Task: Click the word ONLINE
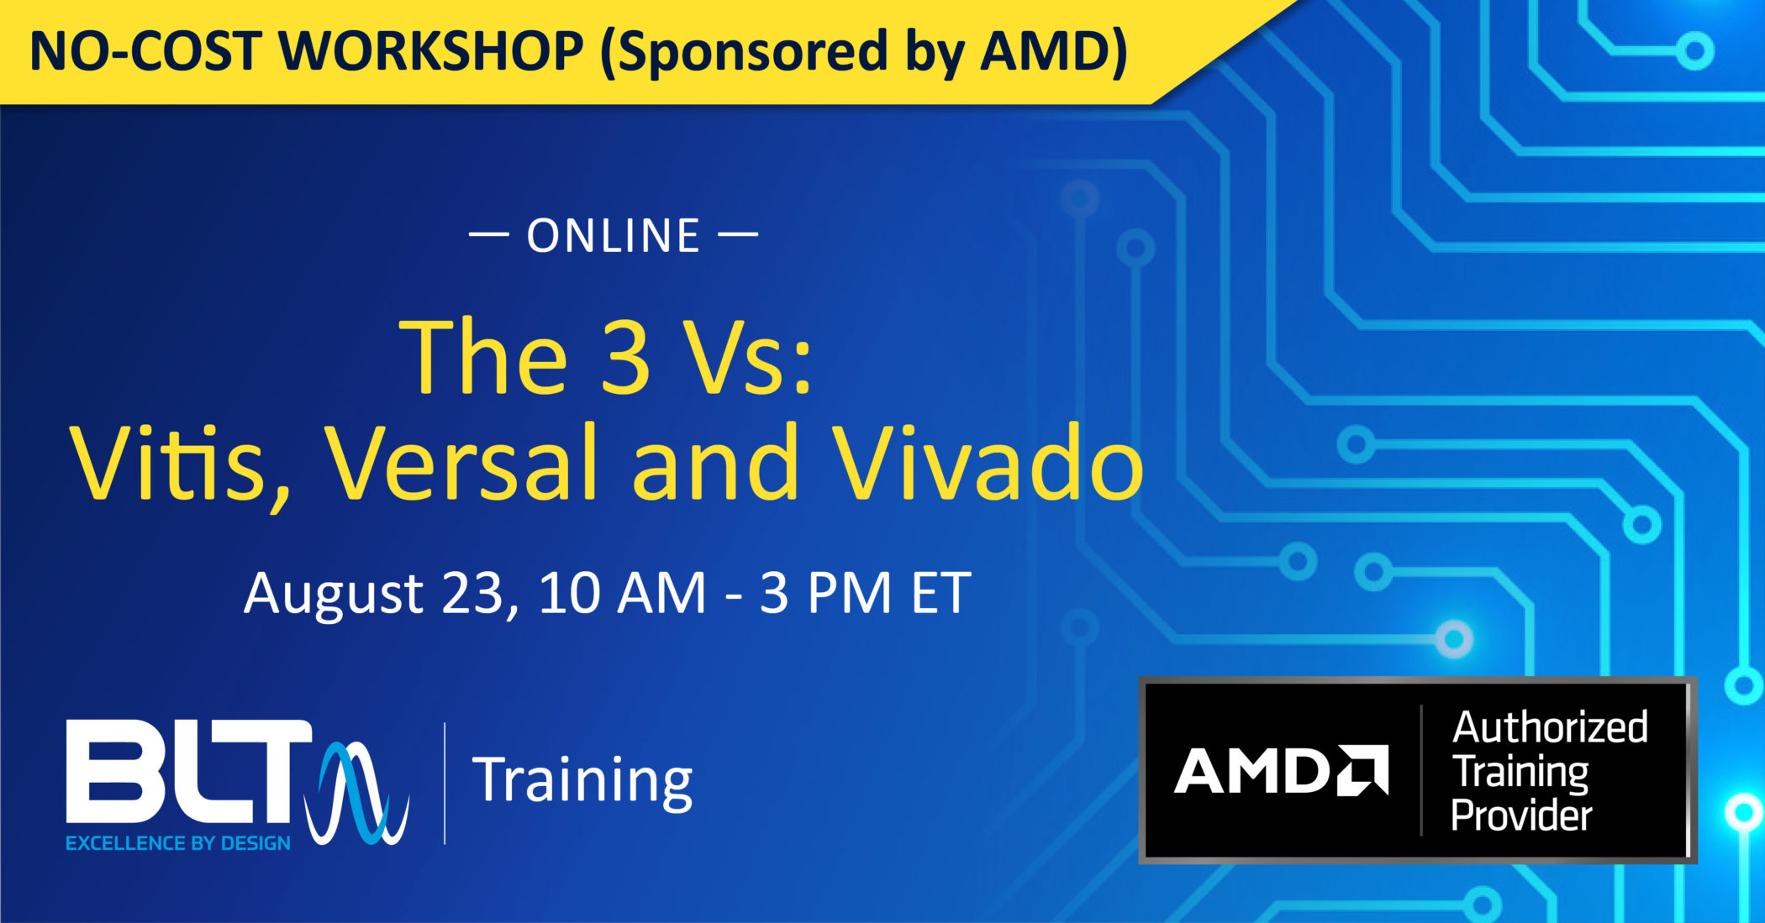pos(614,236)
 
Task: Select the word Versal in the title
pos(461,464)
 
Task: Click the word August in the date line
pos(334,595)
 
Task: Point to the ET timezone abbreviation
pos(941,595)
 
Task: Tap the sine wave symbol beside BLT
pos(357,793)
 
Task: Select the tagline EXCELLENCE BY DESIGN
pos(178,843)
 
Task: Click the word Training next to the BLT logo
pos(582,781)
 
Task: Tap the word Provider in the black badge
pos(1522,815)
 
